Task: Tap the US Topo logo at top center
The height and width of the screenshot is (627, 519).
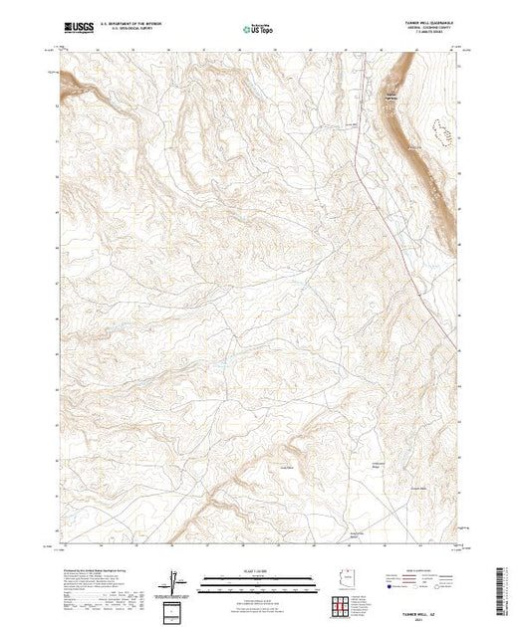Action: (x=259, y=30)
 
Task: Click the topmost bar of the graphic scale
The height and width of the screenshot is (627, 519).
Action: (x=259, y=576)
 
